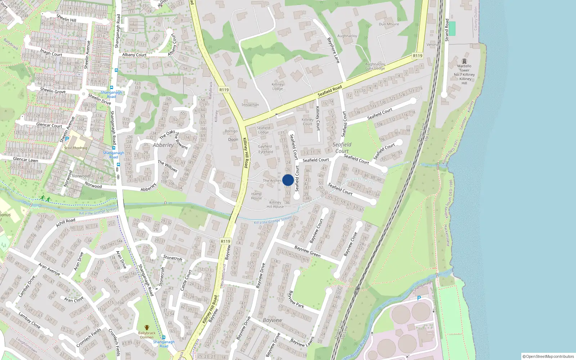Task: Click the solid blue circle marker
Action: (x=288, y=180)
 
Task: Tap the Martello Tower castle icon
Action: (x=464, y=61)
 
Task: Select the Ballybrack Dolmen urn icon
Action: (x=147, y=328)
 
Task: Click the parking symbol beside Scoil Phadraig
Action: (x=67, y=139)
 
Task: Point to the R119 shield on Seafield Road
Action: (x=418, y=56)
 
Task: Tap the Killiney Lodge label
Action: (x=278, y=86)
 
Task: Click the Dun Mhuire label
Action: (x=389, y=24)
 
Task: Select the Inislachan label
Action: (x=250, y=105)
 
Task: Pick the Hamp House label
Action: (x=256, y=196)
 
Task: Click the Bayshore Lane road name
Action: (x=333, y=50)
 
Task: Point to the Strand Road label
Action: (x=447, y=30)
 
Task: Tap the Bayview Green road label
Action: (x=307, y=251)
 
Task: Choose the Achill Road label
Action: (x=66, y=222)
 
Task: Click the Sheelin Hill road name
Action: (x=66, y=18)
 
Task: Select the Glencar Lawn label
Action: (x=26, y=159)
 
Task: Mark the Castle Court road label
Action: (x=186, y=280)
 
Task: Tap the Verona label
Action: (x=432, y=45)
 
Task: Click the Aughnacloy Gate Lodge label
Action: (x=375, y=66)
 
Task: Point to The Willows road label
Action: (x=167, y=166)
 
